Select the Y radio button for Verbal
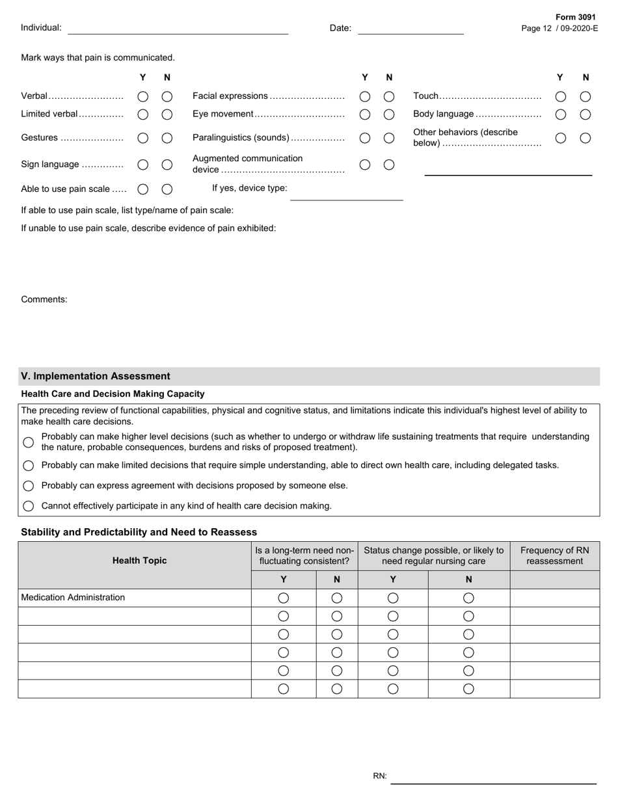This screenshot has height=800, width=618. click(x=143, y=96)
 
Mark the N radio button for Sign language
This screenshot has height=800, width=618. click(x=167, y=165)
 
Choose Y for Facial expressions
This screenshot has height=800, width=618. click(x=365, y=96)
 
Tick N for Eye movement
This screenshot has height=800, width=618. click(x=389, y=114)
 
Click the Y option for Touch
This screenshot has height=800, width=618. click(x=561, y=96)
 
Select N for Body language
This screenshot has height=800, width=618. click(x=585, y=114)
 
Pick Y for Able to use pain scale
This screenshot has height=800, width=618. click(x=143, y=189)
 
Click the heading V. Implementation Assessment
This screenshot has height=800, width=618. click(x=96, y=376)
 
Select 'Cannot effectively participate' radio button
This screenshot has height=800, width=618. click(x=29, y=506)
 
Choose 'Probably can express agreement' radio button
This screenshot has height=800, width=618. click(x=29, y=486)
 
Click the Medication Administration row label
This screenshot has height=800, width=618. click(x=73, y=597)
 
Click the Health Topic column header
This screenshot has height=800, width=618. click(x=139, y=560)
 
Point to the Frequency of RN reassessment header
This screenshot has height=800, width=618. click(x=554, y=555)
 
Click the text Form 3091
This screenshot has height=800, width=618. click(x=576, y=18)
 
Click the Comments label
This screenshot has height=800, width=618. click(x=44, y=299)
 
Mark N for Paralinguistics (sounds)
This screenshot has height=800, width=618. click(x=389, y=138)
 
